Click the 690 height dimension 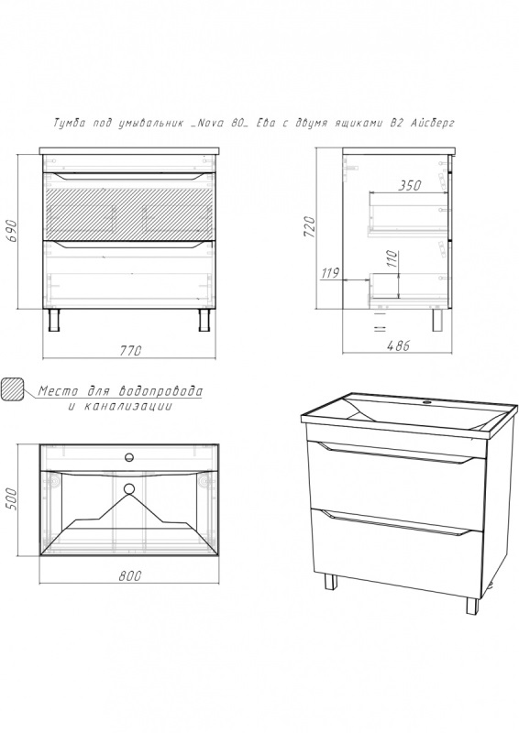(x=13, y=231)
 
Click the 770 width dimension (x=130, y=351)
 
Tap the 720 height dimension (x=310, y=227)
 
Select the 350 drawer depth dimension (x=410, y=185)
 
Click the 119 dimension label (x=330, y=272)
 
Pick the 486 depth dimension (x=398, y=345)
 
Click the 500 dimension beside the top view (x=12, y=499)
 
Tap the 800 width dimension (x=129, y=576)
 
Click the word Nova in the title (x=207, y=124)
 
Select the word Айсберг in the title (x=432, y=123)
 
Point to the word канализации (x=128, y=406)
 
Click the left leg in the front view (x=55, y=320)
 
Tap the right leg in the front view (x=204, y=320)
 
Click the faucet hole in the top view (x=129, y=455)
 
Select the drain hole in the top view (x=129, y=489)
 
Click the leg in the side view (x=437, y=320)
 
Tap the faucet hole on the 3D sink (x=426, y=402)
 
